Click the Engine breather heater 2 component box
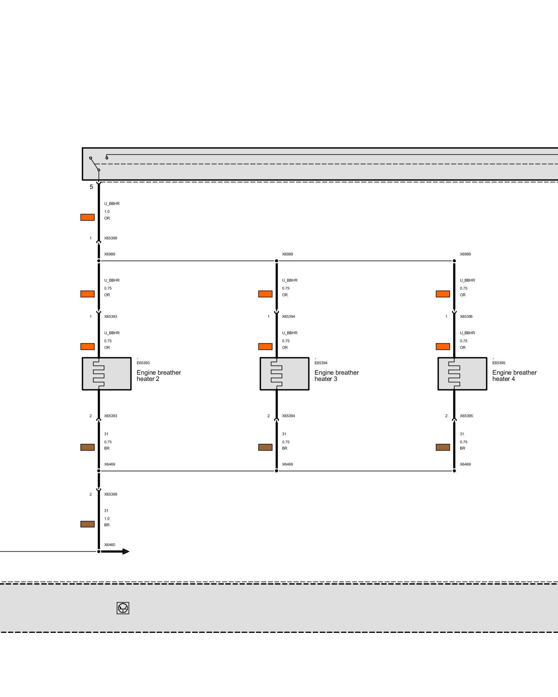click(107, 374)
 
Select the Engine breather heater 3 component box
click(285, 374)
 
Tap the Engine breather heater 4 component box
click(462, 374)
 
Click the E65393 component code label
click(143, 363)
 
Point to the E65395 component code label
click(499, 363)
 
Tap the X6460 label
click(110, 545)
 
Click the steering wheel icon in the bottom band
click(123, 608)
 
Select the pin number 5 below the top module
click(91, 187)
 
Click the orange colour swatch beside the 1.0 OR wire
click(88, 217)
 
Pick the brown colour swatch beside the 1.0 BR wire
click(88, 524)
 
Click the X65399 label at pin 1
click(111, 238)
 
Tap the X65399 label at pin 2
click(111, 494)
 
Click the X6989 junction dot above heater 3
click(277, 261)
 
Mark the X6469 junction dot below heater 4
click(454, 471)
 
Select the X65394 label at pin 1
click(288, 316)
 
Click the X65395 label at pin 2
click(466, 416)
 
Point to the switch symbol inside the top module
click(95, 164)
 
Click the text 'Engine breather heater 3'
click(336, 376)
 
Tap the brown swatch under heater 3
click(265, 447)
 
